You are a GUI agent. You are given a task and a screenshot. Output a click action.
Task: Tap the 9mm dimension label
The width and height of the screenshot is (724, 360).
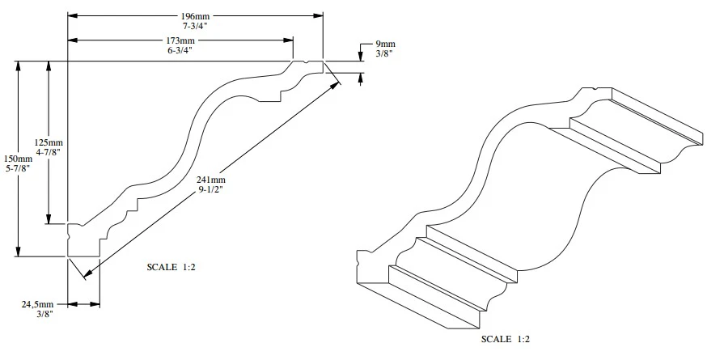coord(386,44)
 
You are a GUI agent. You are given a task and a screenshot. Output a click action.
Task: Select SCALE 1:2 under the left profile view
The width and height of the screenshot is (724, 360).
coord(171,266)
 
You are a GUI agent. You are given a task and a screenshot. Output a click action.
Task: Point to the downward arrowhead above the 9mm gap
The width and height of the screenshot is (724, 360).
coord(360,56)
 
